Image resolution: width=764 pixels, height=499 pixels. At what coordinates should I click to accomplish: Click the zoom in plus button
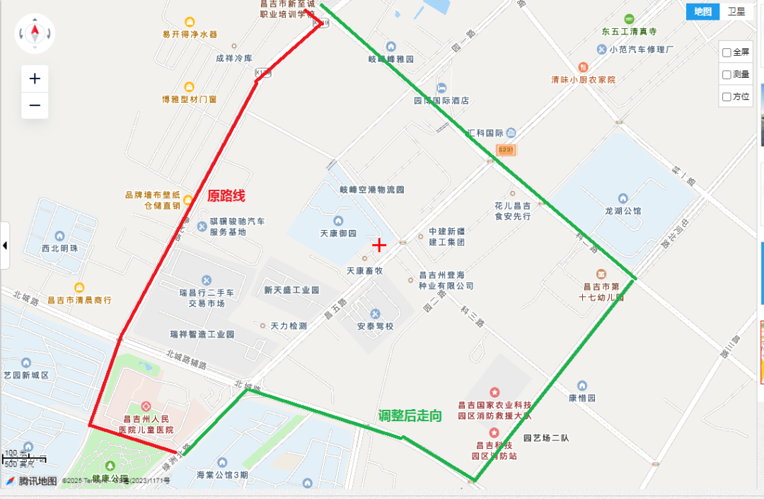[35, 79]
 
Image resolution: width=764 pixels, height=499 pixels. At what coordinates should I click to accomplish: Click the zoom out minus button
[35, 106]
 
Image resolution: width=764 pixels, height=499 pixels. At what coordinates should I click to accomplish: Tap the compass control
[35, 33]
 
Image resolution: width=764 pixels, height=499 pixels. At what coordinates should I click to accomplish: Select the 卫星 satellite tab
[736, 11]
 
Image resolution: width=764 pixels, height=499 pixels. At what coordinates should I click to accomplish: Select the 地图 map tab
[702, 11]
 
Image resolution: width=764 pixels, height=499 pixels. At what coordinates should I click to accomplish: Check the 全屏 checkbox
[727, 52]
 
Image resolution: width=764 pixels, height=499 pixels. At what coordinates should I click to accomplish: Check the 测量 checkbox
[727, 74]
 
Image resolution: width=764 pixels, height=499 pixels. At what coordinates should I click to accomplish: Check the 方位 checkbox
[727, 97]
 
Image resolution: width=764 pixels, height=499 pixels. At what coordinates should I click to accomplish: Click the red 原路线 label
[226, 196]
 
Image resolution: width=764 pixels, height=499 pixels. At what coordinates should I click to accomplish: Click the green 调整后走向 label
[410, 415]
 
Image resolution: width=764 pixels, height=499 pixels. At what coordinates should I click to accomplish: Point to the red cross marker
[380, 245]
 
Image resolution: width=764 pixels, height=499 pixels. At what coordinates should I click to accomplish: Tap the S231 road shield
[506, 150]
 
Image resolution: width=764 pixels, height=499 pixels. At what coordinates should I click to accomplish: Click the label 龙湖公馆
[623, 211]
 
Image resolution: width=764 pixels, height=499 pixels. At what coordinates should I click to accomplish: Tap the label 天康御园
[338, 234]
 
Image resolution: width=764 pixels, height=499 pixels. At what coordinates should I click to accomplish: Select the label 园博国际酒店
[441, 101]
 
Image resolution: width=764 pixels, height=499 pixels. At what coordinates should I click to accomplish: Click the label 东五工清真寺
[630, 32]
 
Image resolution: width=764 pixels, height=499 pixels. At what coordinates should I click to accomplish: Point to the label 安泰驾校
[375, 326]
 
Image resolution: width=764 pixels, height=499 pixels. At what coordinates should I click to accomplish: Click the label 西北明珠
[59, 248]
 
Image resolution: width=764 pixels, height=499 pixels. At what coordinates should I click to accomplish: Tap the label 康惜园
[581, 398]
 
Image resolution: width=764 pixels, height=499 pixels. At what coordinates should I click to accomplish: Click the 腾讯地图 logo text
[37, 481]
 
